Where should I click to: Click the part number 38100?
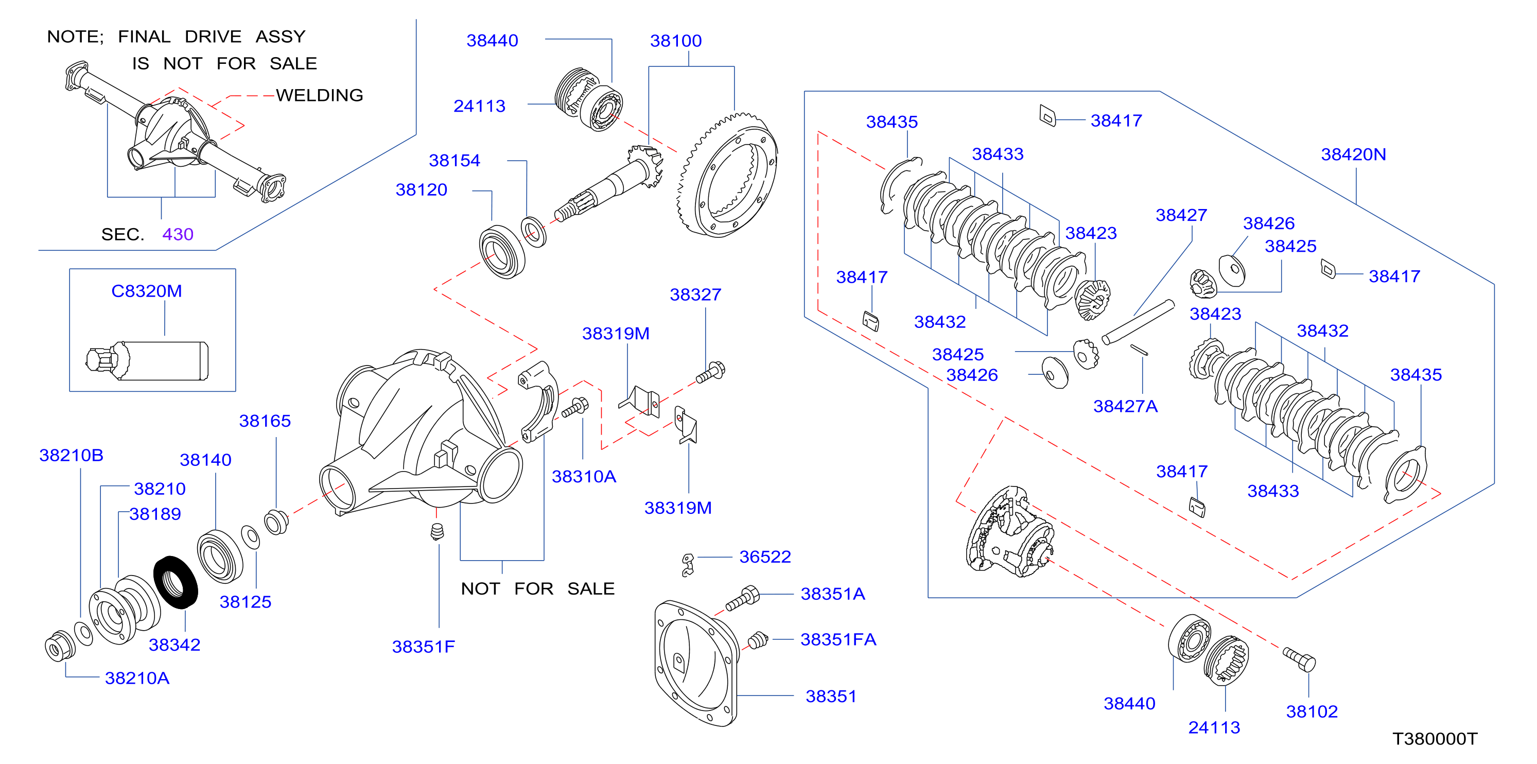point(675,41)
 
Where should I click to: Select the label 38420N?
point(1353,154)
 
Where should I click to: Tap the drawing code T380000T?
point(1435,739)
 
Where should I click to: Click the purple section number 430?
point(178,234)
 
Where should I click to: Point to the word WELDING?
point(320,96)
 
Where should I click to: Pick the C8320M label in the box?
point(147,291)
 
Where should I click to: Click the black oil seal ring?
point(176,583)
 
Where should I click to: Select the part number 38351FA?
point(839,639)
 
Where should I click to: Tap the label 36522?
point(765,557)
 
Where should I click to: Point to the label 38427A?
point(1125,407)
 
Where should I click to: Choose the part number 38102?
point(1312,711)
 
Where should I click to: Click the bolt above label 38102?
point(1299,659)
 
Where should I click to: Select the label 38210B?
point(72,456)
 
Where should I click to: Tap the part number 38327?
point(696,295)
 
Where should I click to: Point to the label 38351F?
point(424,647)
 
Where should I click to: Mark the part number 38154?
point(455,161)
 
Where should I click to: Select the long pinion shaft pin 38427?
point(1138,322)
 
